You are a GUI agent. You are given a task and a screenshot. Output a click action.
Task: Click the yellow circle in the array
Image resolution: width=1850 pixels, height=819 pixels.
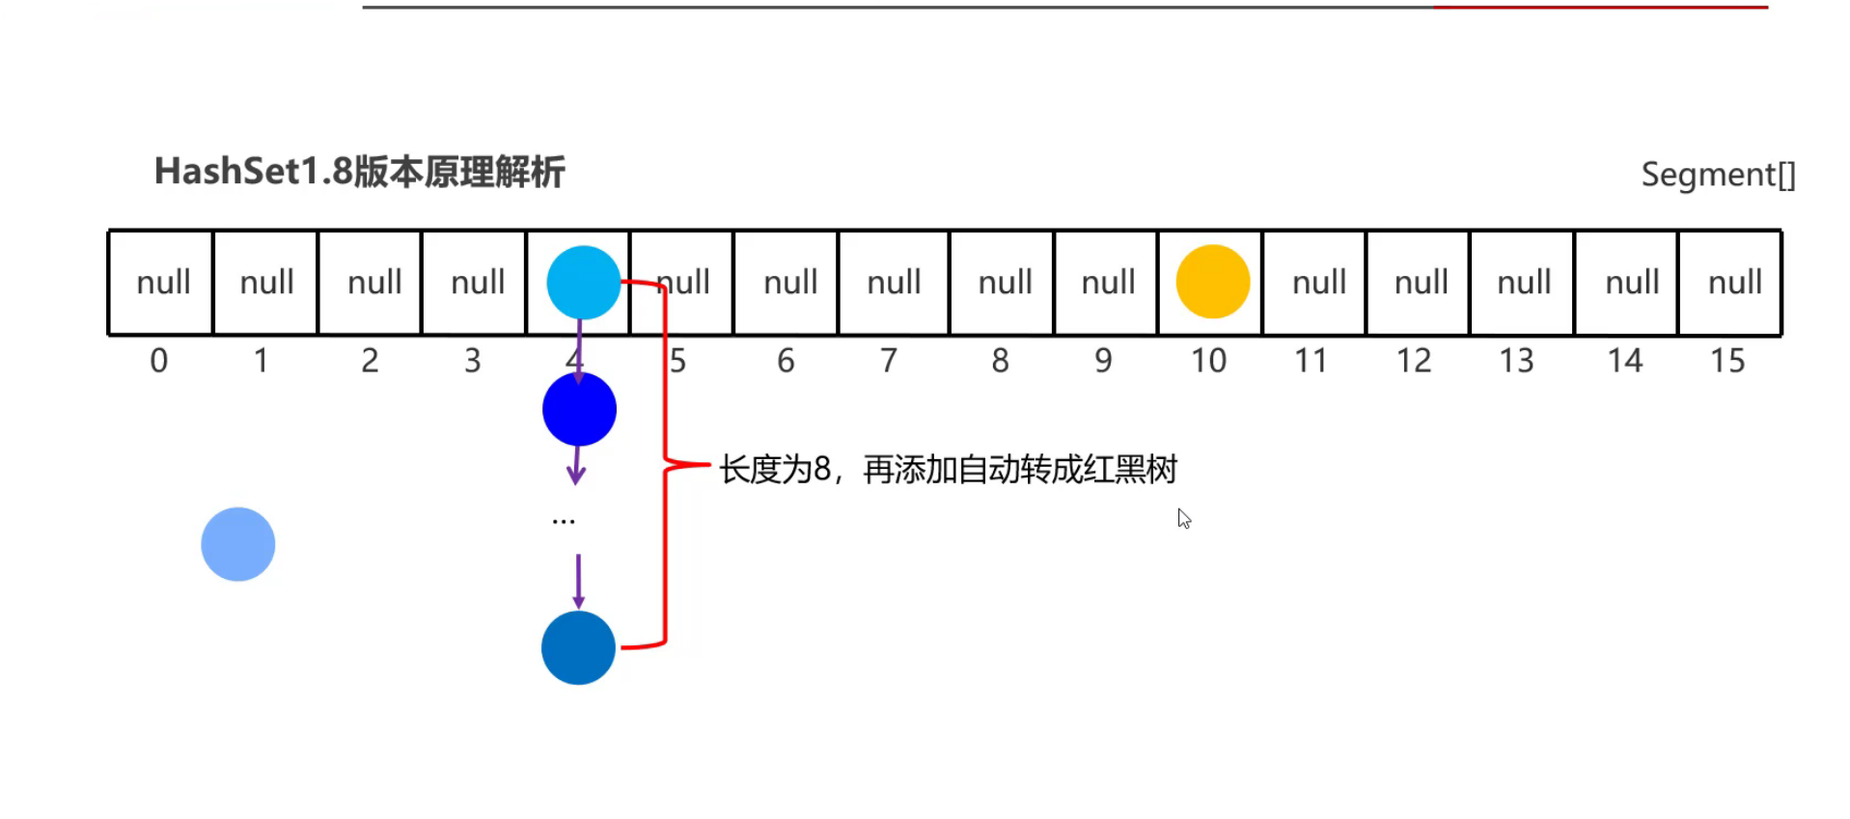(x=1212, y=282)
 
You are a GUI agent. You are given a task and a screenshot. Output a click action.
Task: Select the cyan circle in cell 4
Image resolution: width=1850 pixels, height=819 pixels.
(x=583, y=283)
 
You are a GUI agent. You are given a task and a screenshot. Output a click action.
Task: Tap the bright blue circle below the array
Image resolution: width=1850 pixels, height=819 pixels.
(x=579, y=409)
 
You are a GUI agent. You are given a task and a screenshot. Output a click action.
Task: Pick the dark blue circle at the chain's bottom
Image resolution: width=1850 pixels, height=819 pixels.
(x=578, y=648)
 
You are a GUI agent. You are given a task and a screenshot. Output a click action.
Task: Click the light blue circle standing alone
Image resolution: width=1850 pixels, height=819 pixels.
(x=237, y=544)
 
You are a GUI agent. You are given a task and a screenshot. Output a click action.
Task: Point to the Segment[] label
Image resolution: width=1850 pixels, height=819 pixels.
(x=1718, y=175)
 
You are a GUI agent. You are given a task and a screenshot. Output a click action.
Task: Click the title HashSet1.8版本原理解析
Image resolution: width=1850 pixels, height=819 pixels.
(x=359, y=172)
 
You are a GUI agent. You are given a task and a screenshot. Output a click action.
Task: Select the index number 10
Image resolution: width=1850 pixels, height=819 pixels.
(x=1207, y=361)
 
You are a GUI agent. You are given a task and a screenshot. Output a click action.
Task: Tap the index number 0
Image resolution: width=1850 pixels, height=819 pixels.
(x=159, y=361)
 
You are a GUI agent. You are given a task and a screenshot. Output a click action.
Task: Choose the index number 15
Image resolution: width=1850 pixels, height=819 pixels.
(x=1726, y=361)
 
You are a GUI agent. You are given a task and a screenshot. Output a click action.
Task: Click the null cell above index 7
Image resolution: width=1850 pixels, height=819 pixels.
(x=894, y=283)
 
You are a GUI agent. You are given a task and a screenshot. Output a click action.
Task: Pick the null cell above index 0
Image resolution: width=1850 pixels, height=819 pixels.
(x=162, y=283)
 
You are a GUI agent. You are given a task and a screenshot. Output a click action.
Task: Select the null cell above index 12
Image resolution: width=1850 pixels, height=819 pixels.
(x=1421, y=283)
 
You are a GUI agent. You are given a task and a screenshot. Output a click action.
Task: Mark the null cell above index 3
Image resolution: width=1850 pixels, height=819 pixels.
(x=477, y=283)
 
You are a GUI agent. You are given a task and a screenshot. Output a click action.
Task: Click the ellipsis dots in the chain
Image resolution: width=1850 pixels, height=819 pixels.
(x=564, y=522)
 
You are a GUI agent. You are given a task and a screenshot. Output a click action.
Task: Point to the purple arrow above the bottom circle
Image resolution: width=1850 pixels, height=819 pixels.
(x=578, y=580)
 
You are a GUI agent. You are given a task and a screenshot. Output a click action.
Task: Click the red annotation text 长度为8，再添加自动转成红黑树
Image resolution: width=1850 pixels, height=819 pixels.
(x=948, y=470)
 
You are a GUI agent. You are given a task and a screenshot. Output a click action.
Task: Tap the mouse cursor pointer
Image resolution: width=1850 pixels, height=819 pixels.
(x=1184, y=518)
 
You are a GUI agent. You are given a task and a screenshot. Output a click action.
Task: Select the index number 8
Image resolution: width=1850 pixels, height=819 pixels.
(x=1000, y=361)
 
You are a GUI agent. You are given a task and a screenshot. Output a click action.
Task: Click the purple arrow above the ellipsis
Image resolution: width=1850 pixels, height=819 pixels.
(x=576, y=464)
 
